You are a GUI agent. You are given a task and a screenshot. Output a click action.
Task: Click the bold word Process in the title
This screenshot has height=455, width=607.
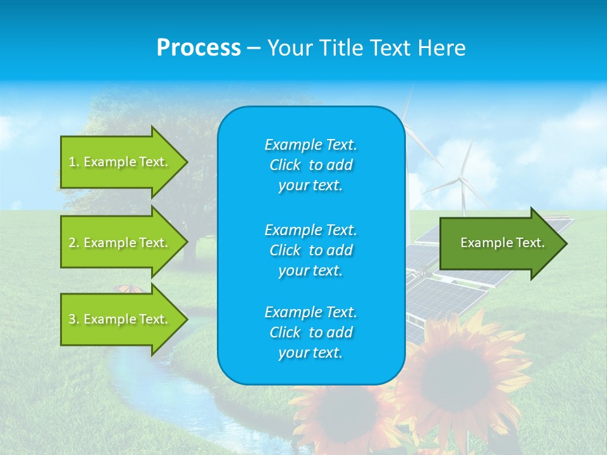click(x=199, y=48)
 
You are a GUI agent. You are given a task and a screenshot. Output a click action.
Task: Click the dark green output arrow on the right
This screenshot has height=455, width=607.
click(x=500, y=243)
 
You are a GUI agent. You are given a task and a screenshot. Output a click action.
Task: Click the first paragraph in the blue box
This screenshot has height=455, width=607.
click(x=310, y=165)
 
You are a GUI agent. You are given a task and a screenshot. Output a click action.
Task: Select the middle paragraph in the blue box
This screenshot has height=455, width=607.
click(x=310, y=250)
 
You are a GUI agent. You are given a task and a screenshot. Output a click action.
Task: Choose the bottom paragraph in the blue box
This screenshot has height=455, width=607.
click(x=310, y=332)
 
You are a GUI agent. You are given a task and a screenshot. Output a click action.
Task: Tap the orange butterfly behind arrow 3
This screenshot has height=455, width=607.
click(x=130, y=289)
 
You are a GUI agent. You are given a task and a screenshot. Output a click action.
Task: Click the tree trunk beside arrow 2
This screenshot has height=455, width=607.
click(x=189, y=250)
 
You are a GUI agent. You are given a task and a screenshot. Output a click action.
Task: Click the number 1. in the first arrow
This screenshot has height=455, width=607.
click(x=74, y=162)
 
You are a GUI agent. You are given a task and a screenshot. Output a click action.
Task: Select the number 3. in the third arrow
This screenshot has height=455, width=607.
click(x=74, y=319)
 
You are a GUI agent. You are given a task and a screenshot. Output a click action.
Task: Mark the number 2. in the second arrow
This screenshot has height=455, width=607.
click(x=74, y=243)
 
